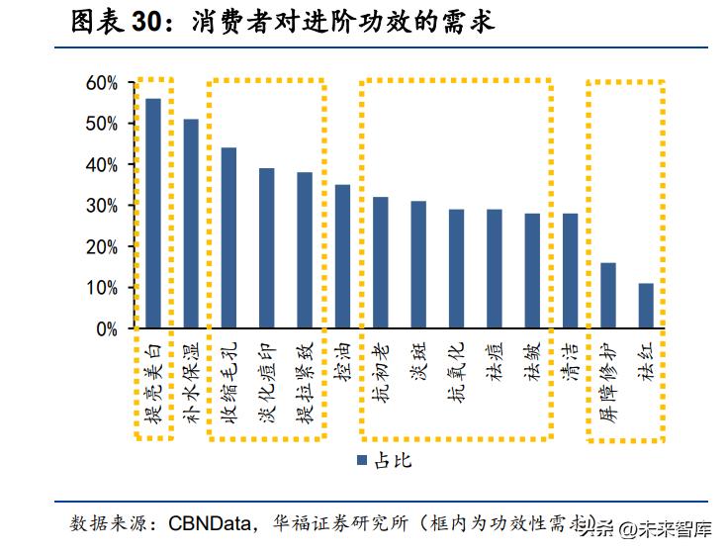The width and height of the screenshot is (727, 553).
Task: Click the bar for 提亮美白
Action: coord(153,214)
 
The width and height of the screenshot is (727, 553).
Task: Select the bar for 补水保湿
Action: coord(191,224)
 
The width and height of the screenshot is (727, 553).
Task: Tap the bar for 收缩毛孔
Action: coord(228,238)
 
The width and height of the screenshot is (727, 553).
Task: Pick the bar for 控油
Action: coord(342,256)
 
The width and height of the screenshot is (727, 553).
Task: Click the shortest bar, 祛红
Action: coord(646,306)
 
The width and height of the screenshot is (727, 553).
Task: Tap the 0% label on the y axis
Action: coord(107,329)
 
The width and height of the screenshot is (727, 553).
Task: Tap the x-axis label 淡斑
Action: coord(418,364)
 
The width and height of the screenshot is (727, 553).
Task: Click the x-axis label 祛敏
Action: coord(533,364)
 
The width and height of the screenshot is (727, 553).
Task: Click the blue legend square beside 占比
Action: coord(362,461)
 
